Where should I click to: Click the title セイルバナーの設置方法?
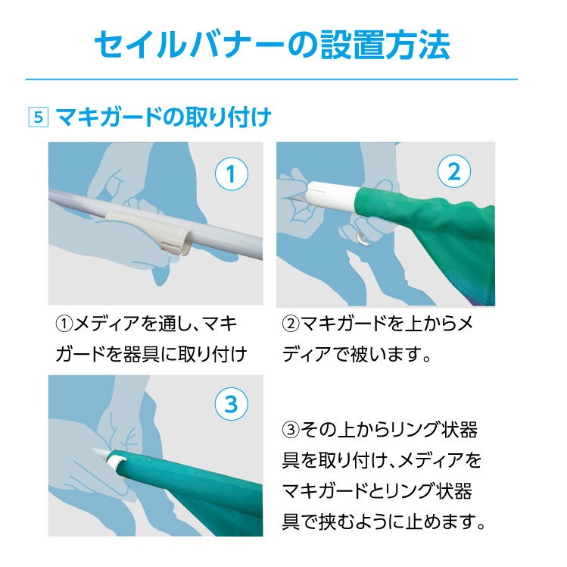(x=272, y=45)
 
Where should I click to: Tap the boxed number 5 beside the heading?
(x=39, y=117)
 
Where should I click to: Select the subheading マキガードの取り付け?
(x=164, y=117)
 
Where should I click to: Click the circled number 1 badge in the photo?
(x=232, y=174)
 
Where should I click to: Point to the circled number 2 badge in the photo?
(x=454, y=171)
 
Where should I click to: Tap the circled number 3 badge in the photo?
(x=232, y=404)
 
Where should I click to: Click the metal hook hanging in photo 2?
(x=361, y=237)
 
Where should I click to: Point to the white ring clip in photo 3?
(x=116, y=461)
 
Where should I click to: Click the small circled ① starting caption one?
(x=64, y=324)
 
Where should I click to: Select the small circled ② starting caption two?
(x=291, y=324)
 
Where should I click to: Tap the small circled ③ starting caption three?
(x=291, y=430)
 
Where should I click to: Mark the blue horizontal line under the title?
(x=272, y=79)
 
